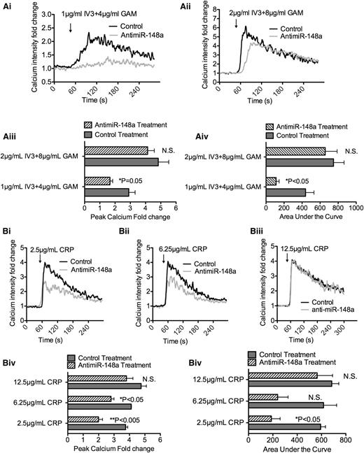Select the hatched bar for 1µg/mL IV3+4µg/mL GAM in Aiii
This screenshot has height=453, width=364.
(97, 181)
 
